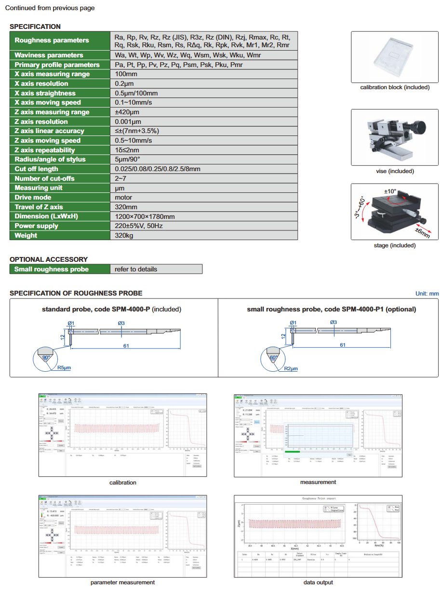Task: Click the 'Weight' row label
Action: pos(26,235)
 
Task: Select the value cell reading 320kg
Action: pos(124,235)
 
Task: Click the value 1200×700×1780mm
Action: pos(145,216)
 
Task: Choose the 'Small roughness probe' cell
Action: pos(52,269)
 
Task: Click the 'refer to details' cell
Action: pos(136,269)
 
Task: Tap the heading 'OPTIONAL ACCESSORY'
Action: pos(49,259)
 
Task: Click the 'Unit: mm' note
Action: pos(427,294)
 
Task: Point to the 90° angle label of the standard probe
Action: pos(46,358)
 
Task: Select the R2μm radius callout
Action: pos(291,369)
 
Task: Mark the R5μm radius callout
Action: pos(64,368)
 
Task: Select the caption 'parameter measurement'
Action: pos(122,582)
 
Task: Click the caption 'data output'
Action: pos(318,582)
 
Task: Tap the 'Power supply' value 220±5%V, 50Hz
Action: pos(140,226)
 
